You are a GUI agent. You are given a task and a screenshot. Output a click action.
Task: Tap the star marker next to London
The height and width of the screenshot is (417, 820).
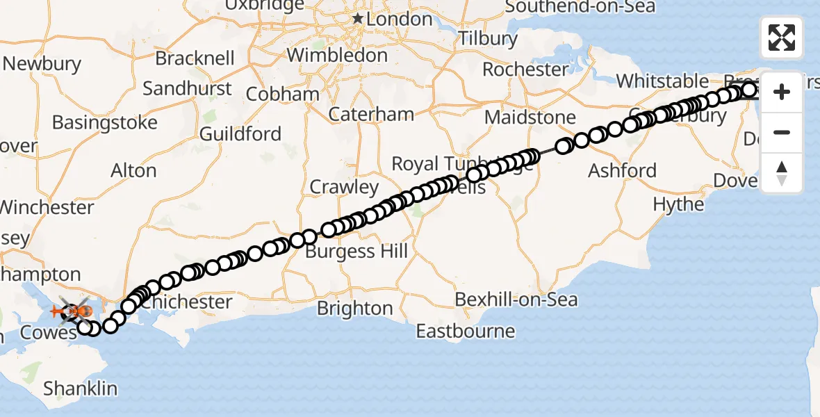358,18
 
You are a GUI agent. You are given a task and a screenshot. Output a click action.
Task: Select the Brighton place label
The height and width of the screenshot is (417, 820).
355,308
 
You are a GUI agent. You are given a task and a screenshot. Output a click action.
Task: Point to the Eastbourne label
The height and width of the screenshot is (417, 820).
466,331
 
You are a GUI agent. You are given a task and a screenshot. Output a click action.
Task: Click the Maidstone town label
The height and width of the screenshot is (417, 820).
530,117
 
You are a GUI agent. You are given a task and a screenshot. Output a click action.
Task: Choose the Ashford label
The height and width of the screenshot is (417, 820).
622,170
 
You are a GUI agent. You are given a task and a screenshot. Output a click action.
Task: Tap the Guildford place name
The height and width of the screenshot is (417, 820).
240,133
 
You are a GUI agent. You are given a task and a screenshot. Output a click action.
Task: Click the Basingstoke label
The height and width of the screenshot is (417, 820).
105,123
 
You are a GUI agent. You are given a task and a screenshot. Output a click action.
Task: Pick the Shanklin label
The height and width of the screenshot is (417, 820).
81,389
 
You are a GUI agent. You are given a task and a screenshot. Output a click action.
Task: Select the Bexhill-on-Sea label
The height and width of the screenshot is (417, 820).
516,300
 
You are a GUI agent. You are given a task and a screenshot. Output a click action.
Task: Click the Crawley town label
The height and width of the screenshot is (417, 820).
344,187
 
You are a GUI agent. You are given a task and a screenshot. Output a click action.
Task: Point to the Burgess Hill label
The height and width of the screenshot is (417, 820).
356,251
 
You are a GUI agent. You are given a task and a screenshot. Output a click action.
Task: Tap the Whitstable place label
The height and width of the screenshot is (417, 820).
662,81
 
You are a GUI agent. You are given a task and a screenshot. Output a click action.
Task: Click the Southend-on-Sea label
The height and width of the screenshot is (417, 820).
580,7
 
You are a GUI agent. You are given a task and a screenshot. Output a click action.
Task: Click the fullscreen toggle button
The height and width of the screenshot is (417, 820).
782,38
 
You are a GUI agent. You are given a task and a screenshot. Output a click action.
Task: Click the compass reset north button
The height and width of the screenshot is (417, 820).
782,173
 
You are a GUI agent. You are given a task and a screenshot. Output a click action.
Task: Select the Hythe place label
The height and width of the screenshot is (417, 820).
678,204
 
